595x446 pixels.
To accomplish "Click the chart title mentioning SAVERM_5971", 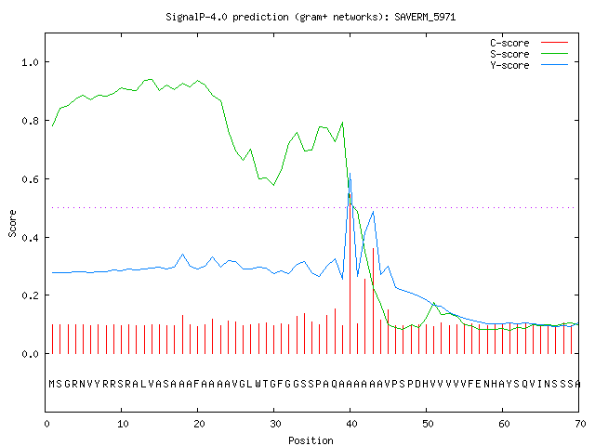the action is click(x=311, y=17).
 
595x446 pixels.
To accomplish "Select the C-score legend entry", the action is click(x=529, y=43).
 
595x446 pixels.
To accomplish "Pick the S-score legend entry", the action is click(x=529, y=54).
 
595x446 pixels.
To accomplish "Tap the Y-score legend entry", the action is click(x=529, y=65).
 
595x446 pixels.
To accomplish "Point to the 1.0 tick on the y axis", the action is click(x=31, y=62).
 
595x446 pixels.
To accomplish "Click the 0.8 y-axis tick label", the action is click(x=31, y=121).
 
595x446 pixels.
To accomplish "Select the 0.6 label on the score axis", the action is click(x=31, y=179).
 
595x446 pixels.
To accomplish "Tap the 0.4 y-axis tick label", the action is click(x=31, y=238).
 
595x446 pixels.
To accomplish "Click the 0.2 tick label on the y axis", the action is click(x=31, y=295).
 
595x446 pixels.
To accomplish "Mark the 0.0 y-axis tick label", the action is click(x=31, y=354).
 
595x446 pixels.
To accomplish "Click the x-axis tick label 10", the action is click(x=123, y=424).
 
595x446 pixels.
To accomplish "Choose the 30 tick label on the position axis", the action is click(x=275, y=424).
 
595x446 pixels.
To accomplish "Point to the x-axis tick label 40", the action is click(x=351, y=424).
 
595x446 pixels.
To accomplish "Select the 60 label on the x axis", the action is click(x=504, y=424).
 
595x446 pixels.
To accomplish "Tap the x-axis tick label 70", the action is click(x=580, y=424).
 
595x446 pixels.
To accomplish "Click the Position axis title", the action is click(x=311, y=440).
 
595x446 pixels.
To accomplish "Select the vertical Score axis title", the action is click(x=12, y=223).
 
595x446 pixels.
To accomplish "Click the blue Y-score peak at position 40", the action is click(x=350, y=174).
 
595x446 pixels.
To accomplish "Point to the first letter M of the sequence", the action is click(x=52, y=384).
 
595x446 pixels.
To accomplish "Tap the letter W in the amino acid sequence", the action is click(x=258, y=384).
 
